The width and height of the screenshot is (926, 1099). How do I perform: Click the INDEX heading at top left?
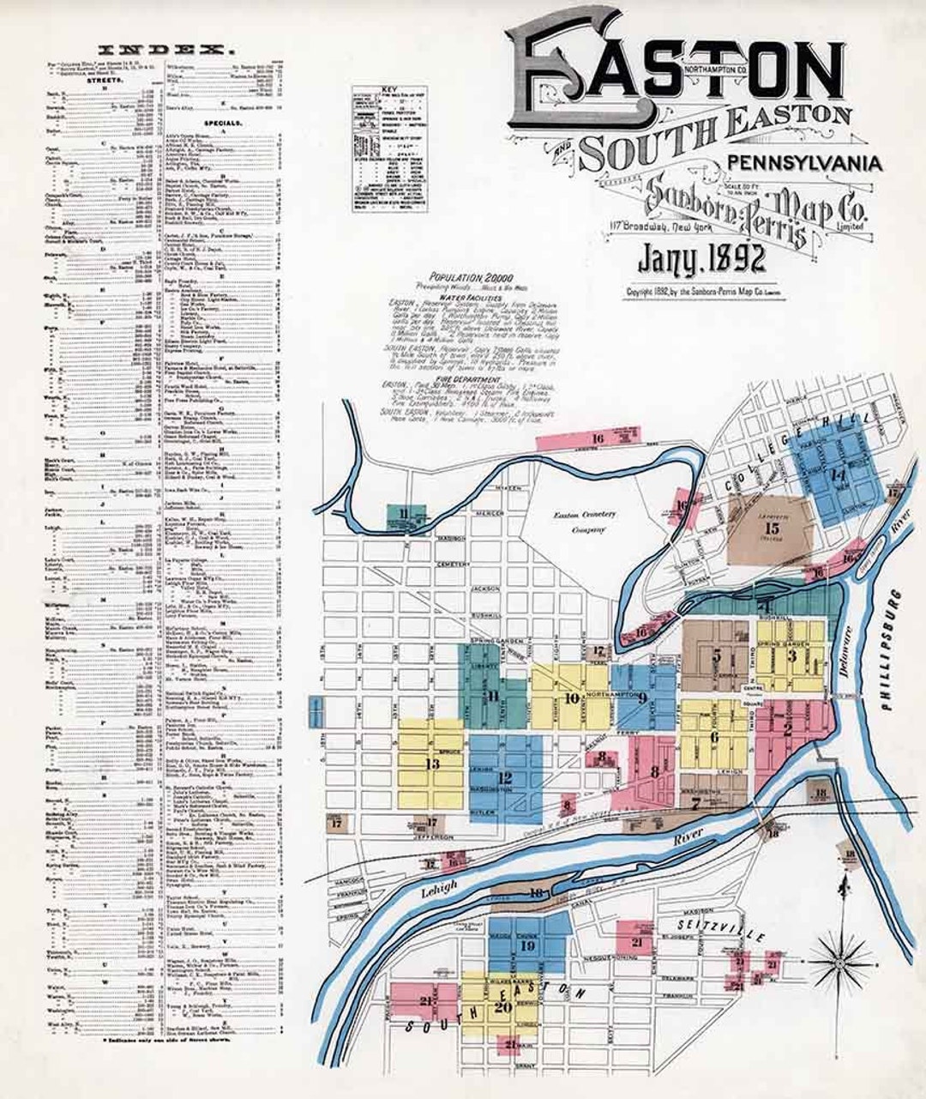[163, 49]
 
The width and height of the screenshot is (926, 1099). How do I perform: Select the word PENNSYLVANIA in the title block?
[804, 162]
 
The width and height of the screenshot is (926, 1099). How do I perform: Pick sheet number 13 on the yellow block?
[432, 763]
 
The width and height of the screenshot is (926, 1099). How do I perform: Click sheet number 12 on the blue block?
[505, 778]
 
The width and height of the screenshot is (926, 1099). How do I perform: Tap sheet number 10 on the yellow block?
[572, 697]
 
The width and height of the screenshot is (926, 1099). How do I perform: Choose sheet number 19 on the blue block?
[527, 946]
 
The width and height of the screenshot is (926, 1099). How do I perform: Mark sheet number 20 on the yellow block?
[502, 1007]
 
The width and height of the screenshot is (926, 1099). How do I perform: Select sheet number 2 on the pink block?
[786, 729]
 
